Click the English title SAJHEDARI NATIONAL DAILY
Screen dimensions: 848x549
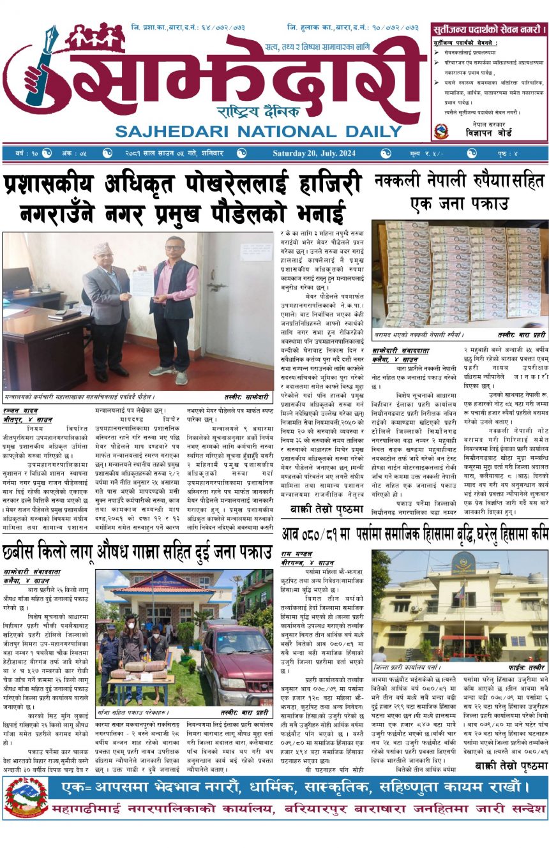point(257,131)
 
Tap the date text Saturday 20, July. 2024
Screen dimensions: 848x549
point(317,153)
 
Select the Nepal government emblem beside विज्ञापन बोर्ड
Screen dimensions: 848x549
point(440,131)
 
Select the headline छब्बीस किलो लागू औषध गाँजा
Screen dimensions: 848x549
point(137,553)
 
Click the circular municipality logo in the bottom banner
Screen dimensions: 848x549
point(26,797)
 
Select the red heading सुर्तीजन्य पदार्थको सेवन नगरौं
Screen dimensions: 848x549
point(488,29)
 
